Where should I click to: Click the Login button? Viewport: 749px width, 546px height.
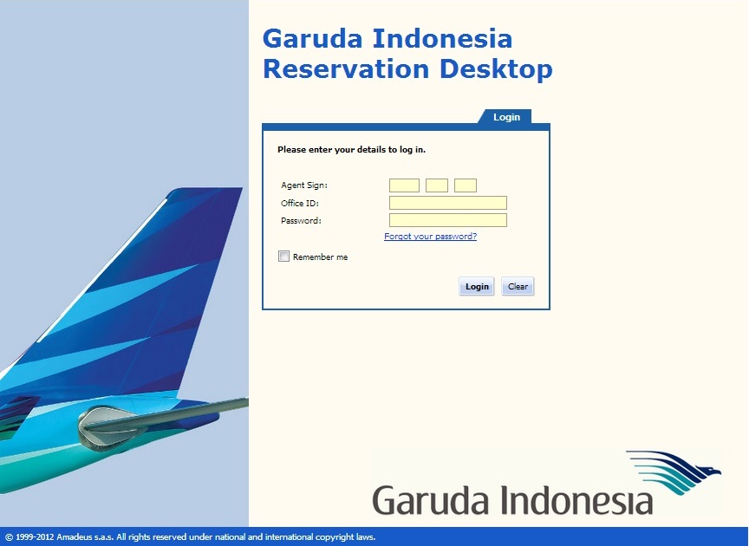(477, 287)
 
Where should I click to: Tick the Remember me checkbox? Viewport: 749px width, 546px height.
(283, 257)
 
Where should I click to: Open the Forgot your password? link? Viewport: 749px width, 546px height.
(430, 237)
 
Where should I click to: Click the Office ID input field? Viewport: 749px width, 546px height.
(447, 203)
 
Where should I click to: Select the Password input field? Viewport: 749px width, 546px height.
(447, 220)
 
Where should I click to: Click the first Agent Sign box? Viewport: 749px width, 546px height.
(404, 185)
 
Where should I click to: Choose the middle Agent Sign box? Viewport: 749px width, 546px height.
(437, 185)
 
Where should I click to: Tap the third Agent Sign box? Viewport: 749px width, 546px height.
(466, 185)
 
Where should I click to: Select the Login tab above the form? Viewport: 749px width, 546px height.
(506, 117)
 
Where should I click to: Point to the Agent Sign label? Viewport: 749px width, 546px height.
(304, 185)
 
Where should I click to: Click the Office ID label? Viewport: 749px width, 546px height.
(300, 203)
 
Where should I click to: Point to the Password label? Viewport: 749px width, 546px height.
(301, 220)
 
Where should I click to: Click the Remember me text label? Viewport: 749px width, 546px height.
(320, 257)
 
